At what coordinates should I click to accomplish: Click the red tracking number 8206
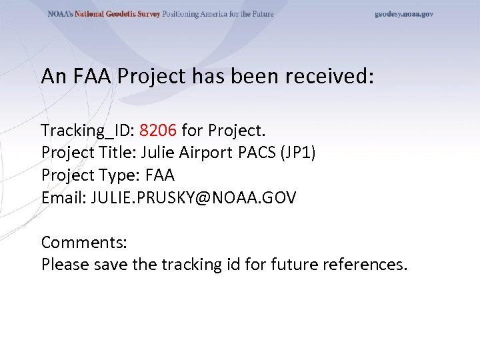click(159, 129)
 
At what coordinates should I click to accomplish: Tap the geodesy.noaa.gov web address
click(404, 14)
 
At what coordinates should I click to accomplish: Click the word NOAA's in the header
click(60, 14)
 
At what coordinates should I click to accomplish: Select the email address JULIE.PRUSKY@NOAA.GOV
click(194, 197)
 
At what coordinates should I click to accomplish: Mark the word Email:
click(64, 197)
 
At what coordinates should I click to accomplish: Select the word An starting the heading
click(51, 76)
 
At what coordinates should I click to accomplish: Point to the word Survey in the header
click(148, 14)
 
